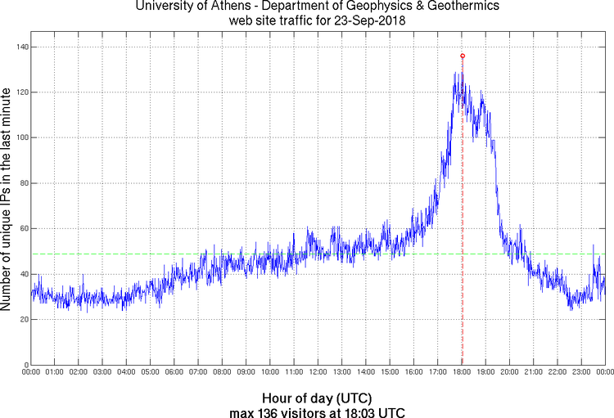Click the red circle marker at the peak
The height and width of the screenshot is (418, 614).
[463, 56]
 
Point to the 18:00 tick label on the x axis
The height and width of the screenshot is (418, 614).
[462, 372]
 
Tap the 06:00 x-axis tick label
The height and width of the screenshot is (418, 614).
[174, 372]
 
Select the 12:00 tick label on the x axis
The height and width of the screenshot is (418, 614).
[318, 372]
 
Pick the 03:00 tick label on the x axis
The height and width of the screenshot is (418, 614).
[103, 372]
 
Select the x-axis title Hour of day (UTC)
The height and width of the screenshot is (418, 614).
[318, 398]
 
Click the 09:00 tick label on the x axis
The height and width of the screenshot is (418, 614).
[246, 372]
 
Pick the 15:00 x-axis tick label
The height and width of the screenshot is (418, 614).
[390, 372]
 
